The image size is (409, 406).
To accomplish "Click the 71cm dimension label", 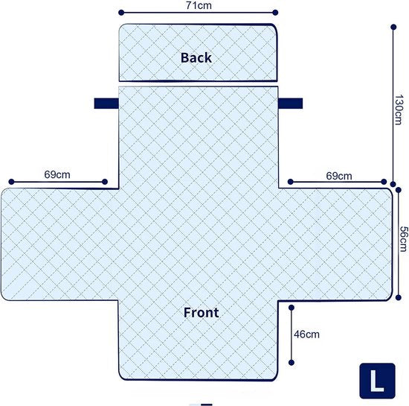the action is (199, 5).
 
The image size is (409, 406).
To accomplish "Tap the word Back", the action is (196, 58).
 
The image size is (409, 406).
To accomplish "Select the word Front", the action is (201, 312).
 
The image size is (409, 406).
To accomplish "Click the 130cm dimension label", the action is (399, 110).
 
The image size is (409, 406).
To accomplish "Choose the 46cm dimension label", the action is (306, 334).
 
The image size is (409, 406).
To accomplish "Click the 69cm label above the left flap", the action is (57, 174).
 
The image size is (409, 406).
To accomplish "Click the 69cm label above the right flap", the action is (339, 176).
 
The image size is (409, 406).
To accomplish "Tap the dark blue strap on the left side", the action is (106, 104).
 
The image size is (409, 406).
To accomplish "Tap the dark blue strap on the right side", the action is (290, 104).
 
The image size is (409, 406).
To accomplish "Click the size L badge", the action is (378, 381).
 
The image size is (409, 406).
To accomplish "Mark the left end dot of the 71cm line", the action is (121, 13).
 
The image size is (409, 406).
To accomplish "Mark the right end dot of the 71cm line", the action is (275, 13).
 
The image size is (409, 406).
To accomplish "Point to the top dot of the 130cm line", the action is (393, 27).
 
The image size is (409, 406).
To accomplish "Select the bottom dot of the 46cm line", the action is (292, 362).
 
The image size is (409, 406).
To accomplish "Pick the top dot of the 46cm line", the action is (292, 308).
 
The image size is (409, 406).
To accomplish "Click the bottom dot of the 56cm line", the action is (399, 297).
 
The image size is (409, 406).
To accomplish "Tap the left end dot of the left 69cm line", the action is (11, 182).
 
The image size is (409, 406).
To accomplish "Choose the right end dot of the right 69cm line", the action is (384, 182).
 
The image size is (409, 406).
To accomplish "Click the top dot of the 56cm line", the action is (399, 190).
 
